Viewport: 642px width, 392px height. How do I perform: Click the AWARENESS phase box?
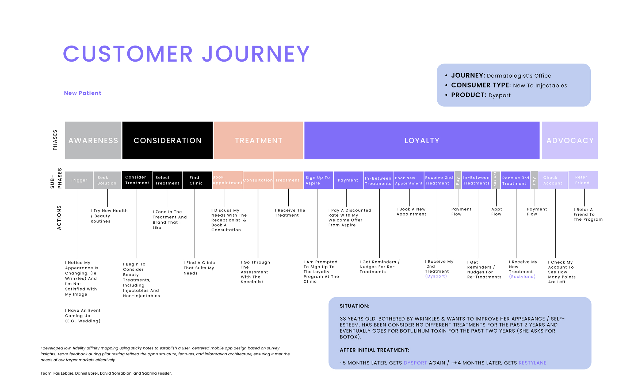(93, 140)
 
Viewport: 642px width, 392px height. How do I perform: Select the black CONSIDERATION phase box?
(167, 140)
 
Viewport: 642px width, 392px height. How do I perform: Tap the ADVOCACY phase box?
(570, 140)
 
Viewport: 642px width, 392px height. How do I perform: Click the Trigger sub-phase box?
(79, 180)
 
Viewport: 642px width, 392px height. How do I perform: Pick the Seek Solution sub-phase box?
(107, 180)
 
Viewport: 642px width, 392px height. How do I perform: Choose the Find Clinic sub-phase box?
(197, 180)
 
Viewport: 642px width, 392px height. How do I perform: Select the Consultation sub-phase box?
(258, 180)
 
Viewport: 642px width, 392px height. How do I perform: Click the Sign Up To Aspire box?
(318, 180)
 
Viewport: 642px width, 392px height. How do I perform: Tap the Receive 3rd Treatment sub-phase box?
(515, 180)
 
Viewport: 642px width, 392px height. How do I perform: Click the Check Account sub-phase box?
(553, 180)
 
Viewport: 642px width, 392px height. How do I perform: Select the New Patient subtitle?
(83, 93)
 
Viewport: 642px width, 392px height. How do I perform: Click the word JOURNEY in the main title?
(256, 54)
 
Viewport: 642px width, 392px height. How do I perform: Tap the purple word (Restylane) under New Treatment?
(522, 277)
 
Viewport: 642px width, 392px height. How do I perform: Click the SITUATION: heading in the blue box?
(354, 306)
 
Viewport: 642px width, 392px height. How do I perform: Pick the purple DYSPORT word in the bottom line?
(415, 363)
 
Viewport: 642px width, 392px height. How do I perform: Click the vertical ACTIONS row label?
(59, 218)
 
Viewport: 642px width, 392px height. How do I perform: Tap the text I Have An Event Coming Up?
(83, 316)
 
